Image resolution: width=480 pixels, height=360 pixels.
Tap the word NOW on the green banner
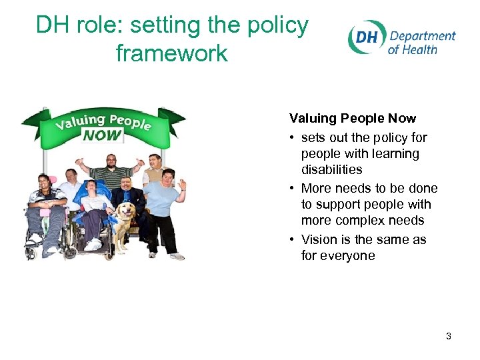[102, 135]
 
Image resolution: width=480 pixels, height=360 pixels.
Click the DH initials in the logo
[367, 38]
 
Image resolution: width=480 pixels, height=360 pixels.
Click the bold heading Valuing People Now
[352, 119]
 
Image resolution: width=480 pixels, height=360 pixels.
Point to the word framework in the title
[172, 53]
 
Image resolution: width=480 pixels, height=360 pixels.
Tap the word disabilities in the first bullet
[331, 170]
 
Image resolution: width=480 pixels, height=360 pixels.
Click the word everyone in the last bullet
[347, 256]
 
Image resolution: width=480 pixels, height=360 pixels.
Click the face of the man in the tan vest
[154, 161]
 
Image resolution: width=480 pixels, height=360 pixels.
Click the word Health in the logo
[421, 49]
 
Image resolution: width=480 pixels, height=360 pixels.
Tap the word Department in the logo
[422, 36]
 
